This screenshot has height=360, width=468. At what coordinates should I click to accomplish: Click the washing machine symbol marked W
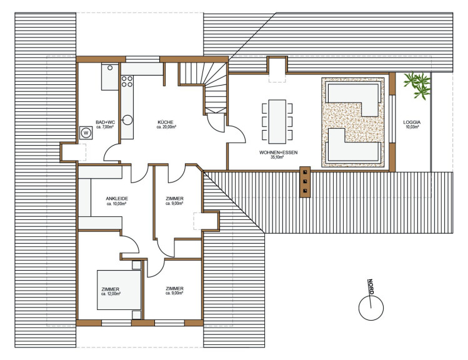coord(86,133)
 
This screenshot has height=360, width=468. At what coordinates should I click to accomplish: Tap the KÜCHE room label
coord(166,122)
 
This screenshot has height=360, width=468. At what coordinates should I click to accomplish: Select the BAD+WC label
coord(105,122)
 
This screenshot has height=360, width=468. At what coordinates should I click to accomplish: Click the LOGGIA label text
coord(412,122)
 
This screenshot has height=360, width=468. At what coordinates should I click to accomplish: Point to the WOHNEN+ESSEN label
coord(279,152)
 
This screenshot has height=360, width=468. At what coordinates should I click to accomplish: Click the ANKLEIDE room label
coord(117,199)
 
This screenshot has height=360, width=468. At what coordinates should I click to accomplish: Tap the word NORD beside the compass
coord(371,287)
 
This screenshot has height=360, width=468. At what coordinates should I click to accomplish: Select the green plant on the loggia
coord(417,85)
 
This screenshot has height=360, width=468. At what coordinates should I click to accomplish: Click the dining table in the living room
coord(277,121)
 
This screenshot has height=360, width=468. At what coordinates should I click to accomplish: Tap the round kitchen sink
coord(127,120)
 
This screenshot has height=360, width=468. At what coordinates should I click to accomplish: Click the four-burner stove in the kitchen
coord(127,81)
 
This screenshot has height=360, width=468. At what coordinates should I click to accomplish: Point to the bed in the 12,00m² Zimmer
coord(119,290)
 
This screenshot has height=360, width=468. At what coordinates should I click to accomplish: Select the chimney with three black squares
coord(305,181)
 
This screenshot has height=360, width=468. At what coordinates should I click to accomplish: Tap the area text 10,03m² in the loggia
coord(412,127)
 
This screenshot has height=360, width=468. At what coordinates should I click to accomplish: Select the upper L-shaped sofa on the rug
coord(354,100)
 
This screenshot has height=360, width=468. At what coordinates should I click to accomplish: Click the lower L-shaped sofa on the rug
coord(354,146)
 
